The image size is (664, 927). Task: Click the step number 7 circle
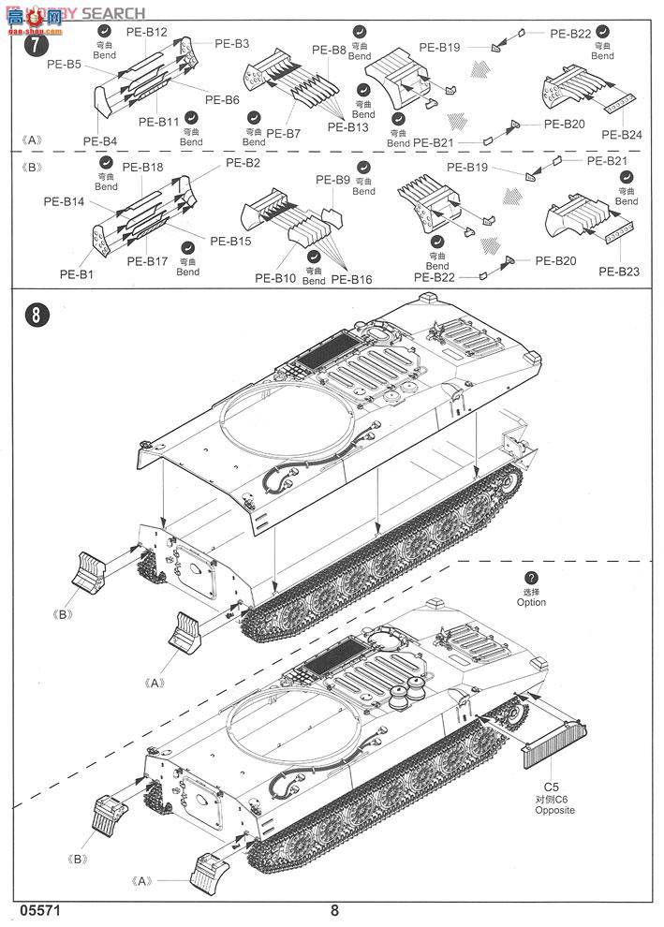click(x=35, y=44)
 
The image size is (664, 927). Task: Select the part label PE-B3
click(x=231, y=43)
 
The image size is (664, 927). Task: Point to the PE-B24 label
click(x=622, y=135)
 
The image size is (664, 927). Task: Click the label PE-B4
click(x=100, y=141)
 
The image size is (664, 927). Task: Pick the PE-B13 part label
click(x=348, y=127)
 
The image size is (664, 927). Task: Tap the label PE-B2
click(x=243, y=163)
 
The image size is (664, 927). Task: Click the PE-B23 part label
click(x=619, y=272)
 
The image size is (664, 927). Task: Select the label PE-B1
click(x=78, y=274)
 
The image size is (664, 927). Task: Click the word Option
click(x=531, y=602)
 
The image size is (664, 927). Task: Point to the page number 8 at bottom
click(x=334, y=909)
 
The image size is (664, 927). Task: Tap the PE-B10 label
click(x=275, y=278)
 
